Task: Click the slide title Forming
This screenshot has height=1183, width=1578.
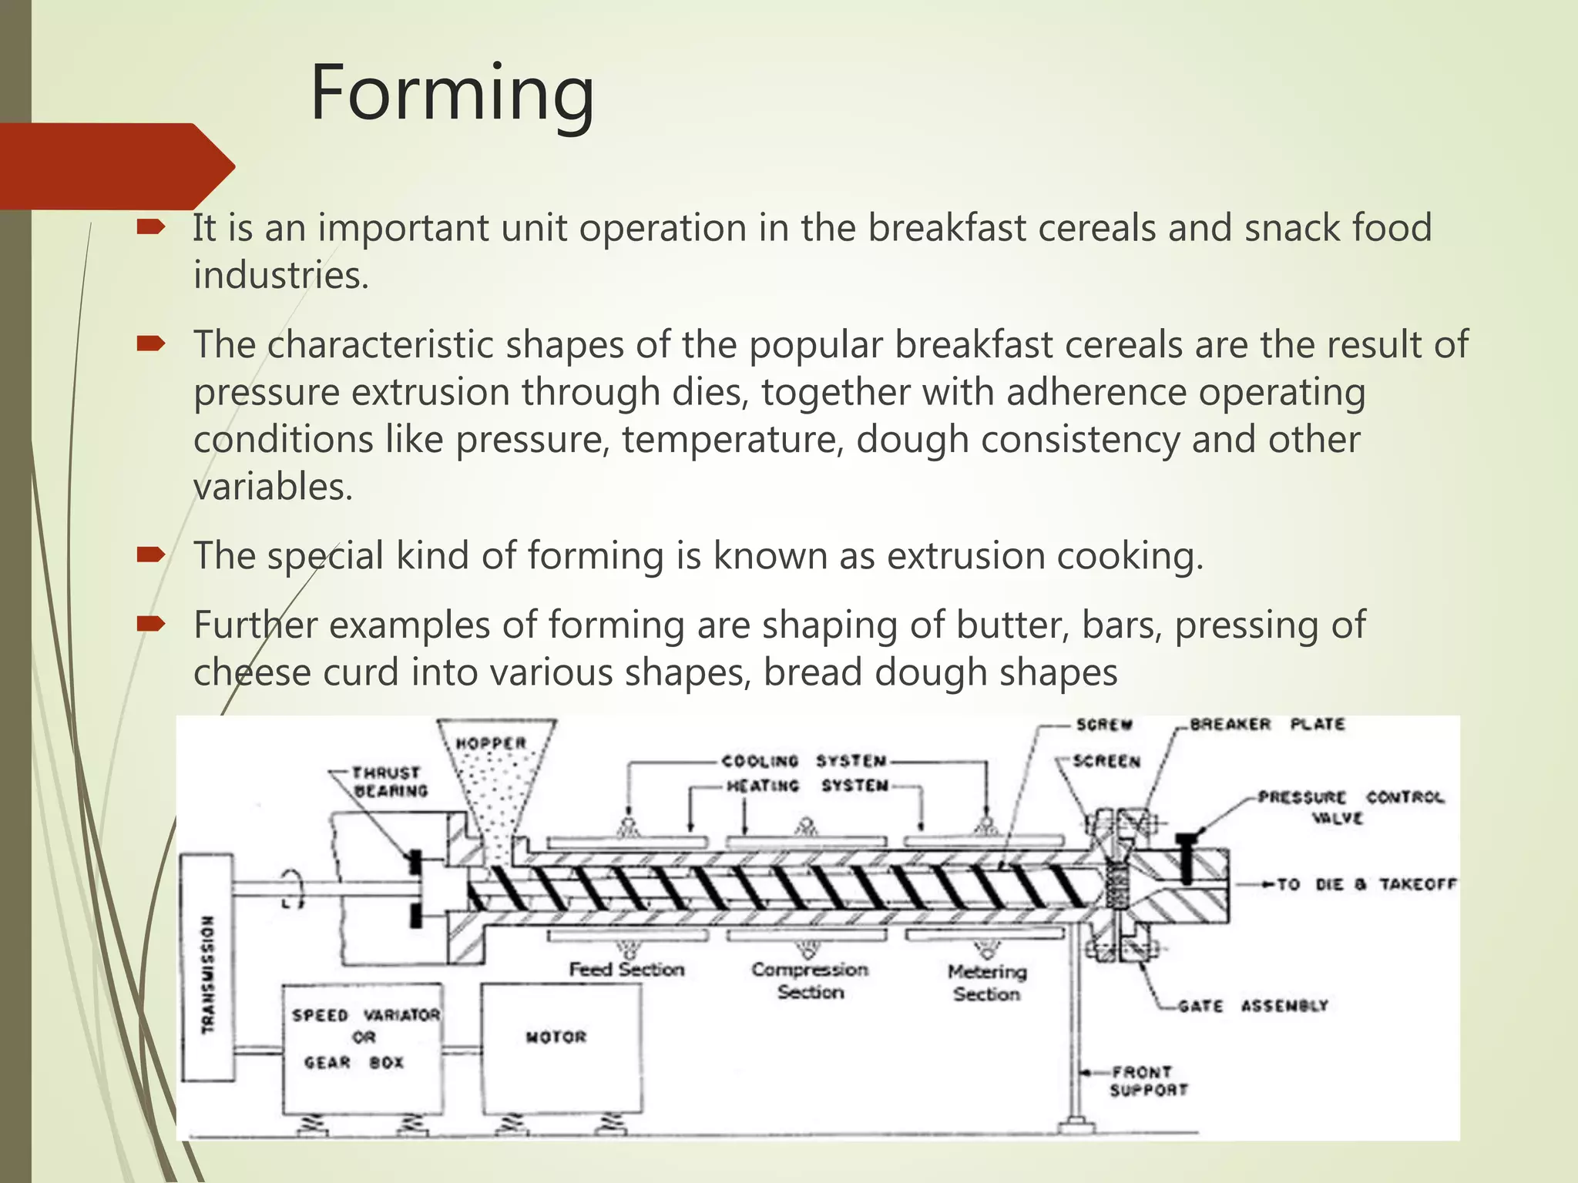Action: coord(452,94)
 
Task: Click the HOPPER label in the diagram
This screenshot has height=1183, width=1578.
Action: coord(491,743)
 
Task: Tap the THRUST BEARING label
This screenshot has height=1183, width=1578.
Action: coord(390,782)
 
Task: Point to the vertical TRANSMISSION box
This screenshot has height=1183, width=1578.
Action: coord(207,973)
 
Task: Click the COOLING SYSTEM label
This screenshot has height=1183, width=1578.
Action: coord(804,761)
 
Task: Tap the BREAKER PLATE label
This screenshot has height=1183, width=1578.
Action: coord(1267,725)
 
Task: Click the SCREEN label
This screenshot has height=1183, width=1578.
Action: coord(1106,761)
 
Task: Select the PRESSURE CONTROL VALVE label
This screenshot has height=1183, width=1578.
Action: coord(1350,806)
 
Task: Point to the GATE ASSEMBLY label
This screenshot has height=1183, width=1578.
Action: coord(1253,1006)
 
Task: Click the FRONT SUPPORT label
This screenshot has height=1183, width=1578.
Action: coord(1148,1081)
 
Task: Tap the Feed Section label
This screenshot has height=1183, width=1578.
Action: coord(626,969)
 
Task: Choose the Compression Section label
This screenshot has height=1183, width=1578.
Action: coord(810,980)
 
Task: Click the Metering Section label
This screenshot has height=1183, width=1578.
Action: coord(987,982)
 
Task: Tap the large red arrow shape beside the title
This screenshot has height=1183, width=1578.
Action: coord(116,166)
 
